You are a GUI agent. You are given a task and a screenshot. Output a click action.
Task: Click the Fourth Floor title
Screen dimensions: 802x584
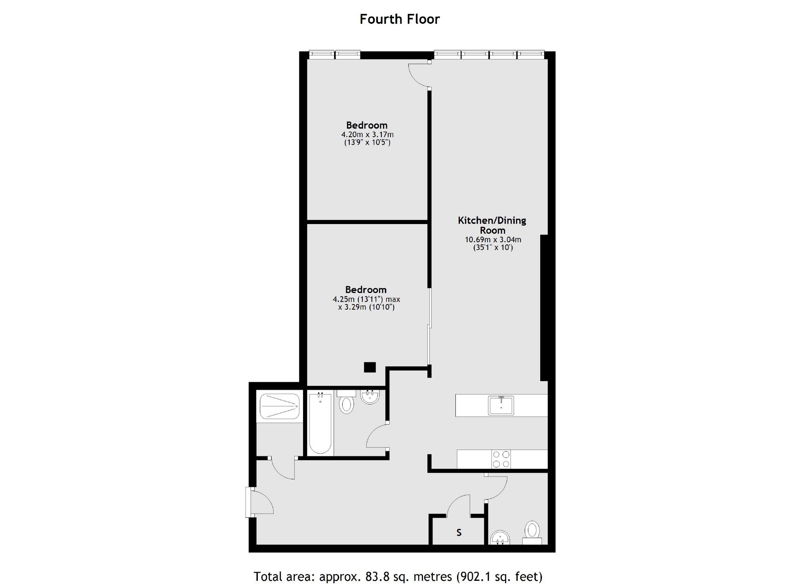tap(400, 19)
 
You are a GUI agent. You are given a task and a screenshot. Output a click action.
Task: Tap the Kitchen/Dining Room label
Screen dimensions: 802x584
tap(492, 225)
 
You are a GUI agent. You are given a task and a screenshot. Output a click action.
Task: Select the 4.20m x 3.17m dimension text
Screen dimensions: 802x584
tap(368, 134)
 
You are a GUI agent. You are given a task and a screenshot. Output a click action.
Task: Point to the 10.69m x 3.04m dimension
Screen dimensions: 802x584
tap(493, 239)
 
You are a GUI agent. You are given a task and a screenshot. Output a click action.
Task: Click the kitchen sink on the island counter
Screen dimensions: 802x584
tap(501, 405)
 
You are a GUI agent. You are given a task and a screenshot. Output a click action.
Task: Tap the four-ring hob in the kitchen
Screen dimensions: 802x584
tap(501, 459)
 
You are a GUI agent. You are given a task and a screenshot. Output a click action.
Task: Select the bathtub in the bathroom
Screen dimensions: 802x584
tap(320, 423)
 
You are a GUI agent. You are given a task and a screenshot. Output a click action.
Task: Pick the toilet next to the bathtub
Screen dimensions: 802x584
tap(347, 402)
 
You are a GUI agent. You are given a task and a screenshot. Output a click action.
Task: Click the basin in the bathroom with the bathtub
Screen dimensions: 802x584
tap(370, 397)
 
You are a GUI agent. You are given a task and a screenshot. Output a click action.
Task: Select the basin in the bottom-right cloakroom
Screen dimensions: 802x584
tap(500, 538)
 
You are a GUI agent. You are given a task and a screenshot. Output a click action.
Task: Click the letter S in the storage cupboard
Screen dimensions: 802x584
tap(459, 532)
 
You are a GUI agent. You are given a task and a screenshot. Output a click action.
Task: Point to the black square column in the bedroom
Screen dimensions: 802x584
tap(370, 367)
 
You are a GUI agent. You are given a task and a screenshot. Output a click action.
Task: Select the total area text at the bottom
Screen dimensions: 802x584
tap(398, 576)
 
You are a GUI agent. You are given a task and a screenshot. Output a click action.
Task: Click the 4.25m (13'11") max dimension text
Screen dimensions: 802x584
tap(367, 299)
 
